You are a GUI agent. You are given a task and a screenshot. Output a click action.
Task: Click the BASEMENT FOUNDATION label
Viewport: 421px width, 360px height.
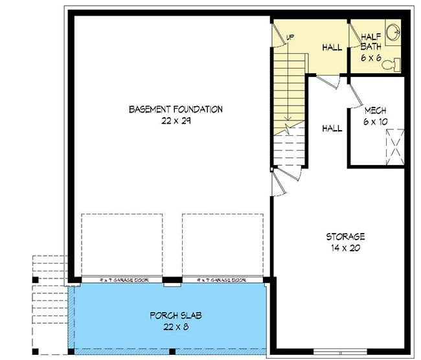click(176, 109)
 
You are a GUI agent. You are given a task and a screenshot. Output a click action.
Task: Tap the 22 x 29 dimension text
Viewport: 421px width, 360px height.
click(176, 120)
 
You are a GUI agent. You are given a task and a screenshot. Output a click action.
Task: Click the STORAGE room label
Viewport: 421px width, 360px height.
click(345, 236)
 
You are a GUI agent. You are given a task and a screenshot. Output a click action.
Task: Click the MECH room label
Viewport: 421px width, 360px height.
click(376, 110)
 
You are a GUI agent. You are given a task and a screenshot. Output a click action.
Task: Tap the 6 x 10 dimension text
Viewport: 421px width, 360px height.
click(376, 121)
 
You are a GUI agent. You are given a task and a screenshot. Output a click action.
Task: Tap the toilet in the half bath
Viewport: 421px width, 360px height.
click(391, 63)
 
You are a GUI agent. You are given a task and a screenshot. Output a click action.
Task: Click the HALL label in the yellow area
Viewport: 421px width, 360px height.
click(332, 48)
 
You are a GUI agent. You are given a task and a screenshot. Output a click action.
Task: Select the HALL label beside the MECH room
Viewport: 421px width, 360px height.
click(332, 129)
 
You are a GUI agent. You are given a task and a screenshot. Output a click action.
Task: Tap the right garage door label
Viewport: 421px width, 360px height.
click(223, 280)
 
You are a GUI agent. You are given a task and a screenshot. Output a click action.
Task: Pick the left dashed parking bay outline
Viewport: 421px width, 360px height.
click(122, 245)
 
